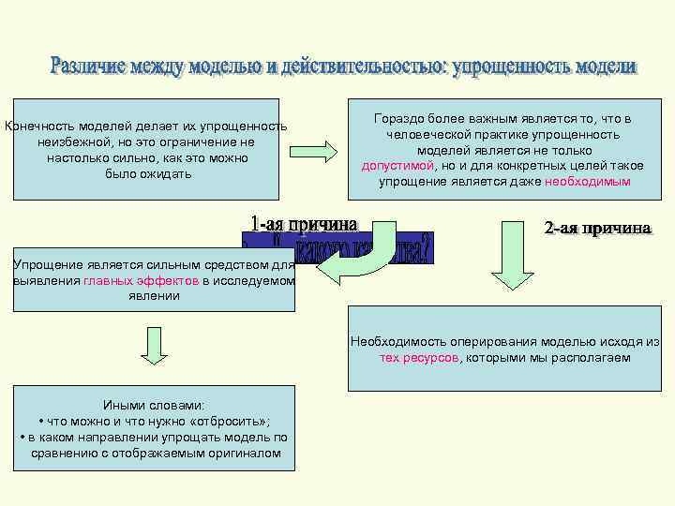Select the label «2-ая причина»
[x=597, y=228]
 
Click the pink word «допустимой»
[x=397, y=165]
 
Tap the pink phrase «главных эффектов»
[x=140, y=280]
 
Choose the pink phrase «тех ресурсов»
[x=419, y=358]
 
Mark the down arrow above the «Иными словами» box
[x=153, y=345]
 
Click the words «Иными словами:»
[x=153, y=406]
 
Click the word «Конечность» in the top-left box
[x=39, y=126]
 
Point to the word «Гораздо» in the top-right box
[x=396, y=120]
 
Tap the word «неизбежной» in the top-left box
[x=71, y=142]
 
